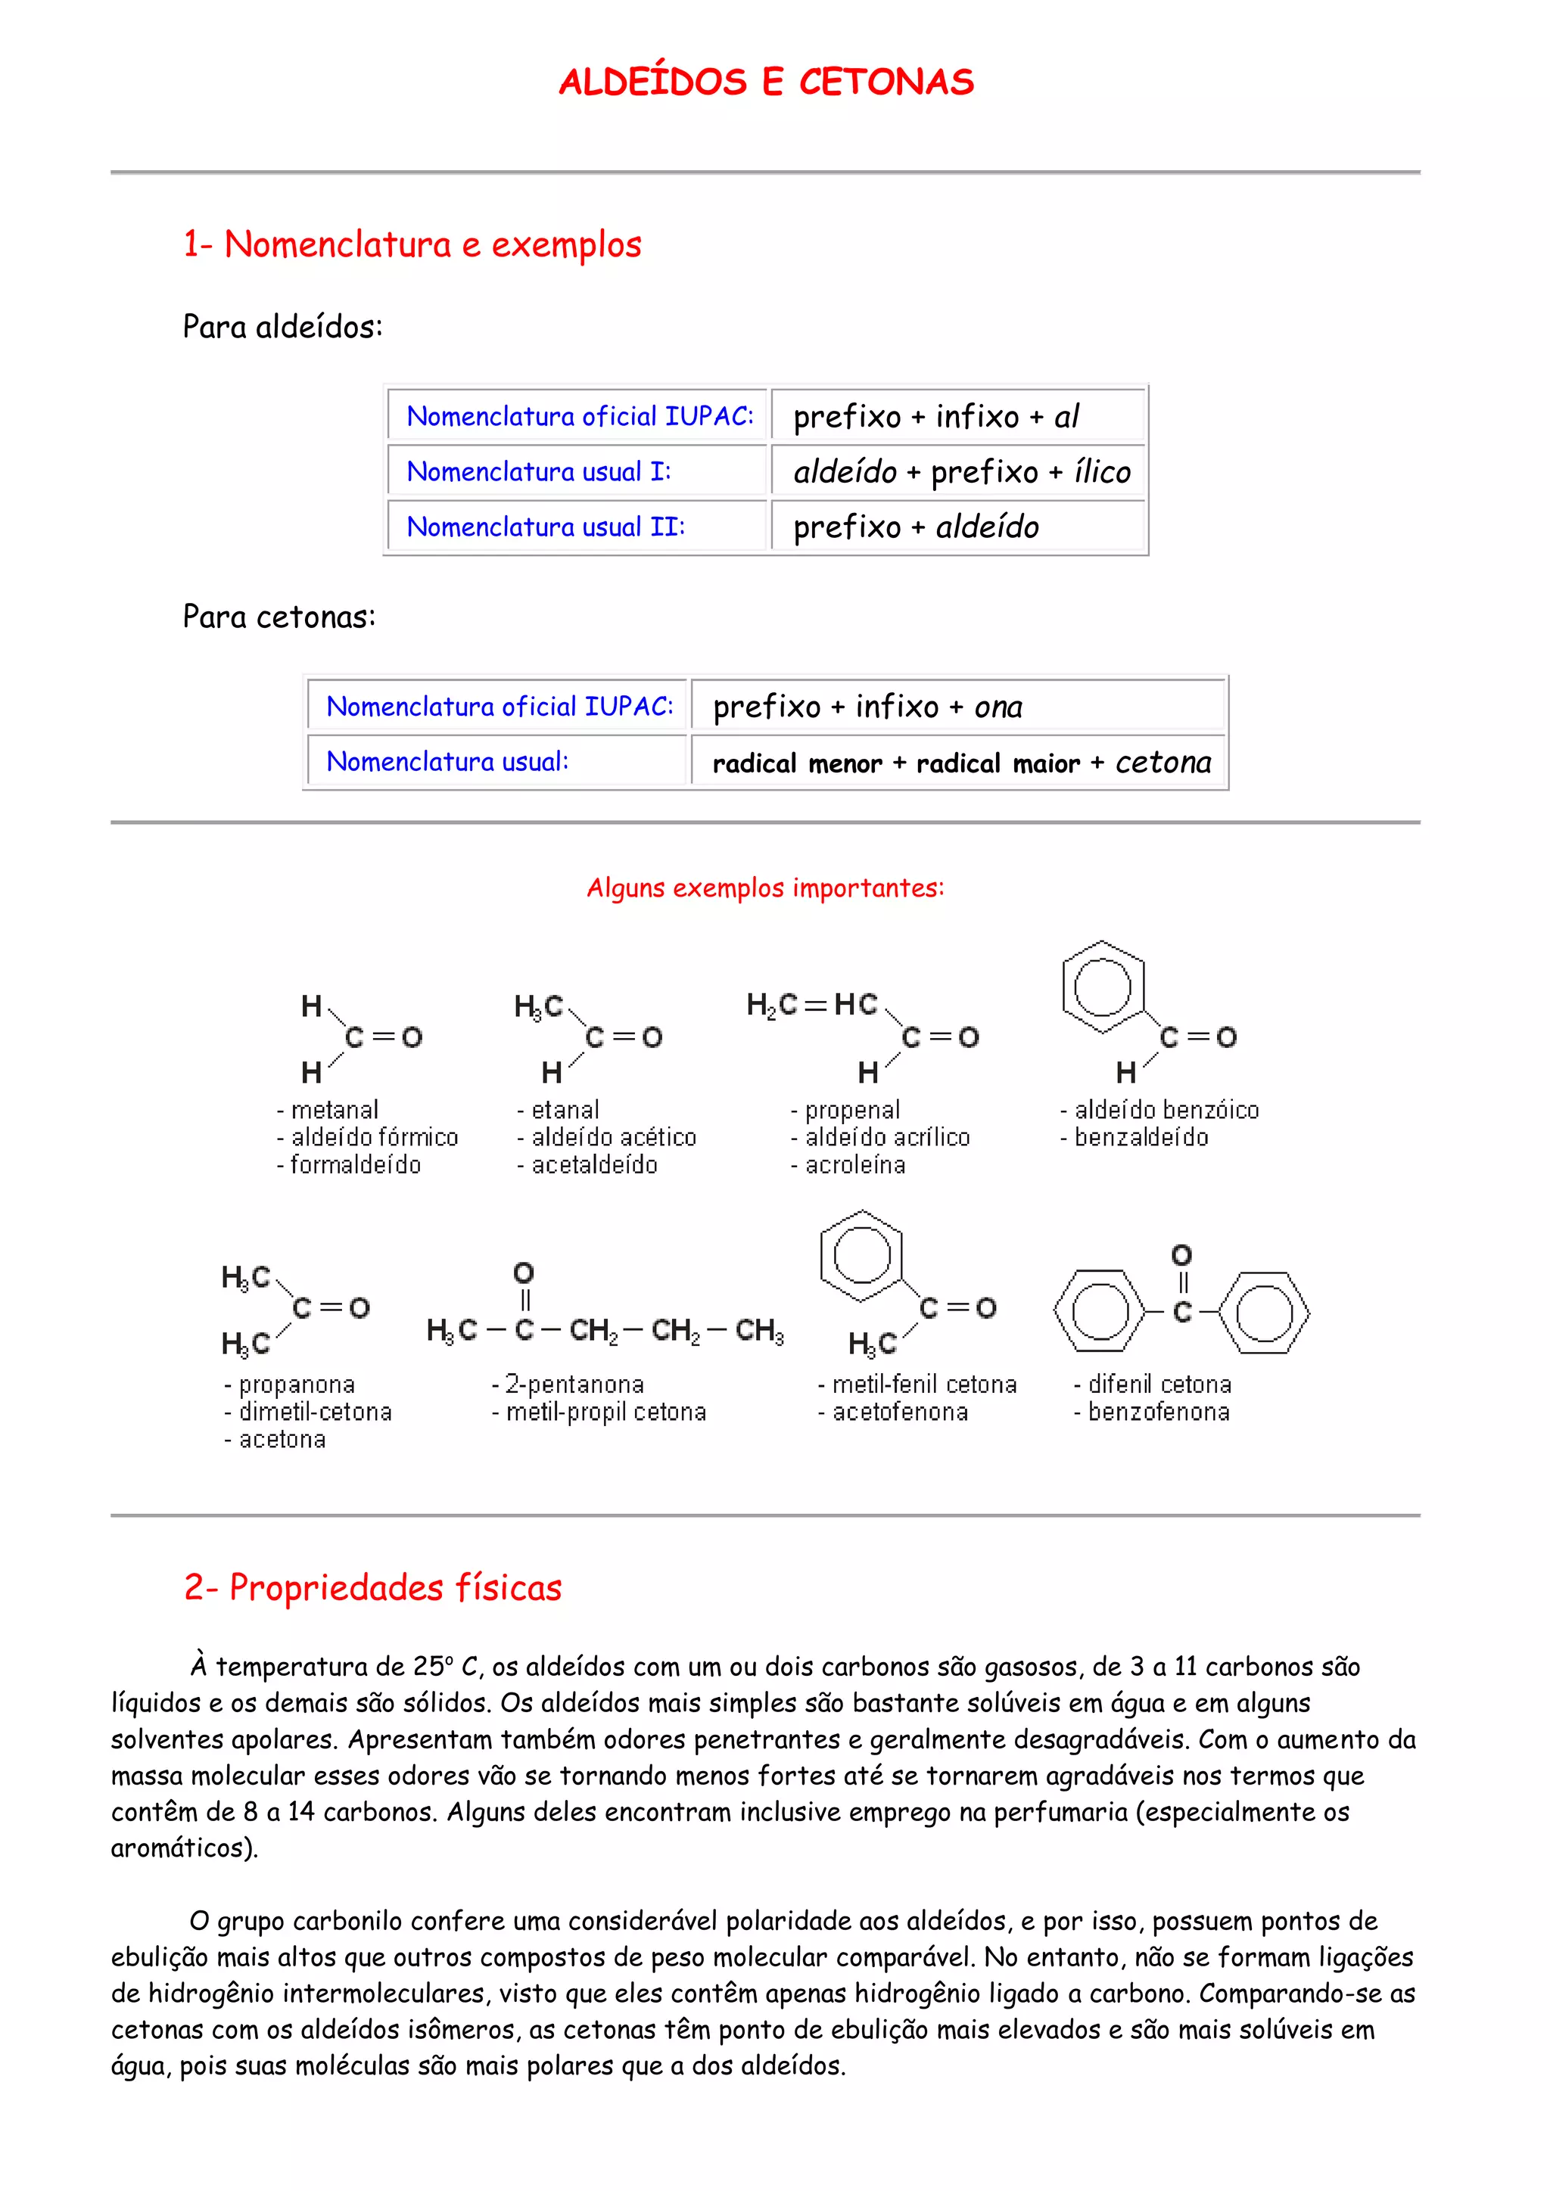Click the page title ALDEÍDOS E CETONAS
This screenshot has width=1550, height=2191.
767,82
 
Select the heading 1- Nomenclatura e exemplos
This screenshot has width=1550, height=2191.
412,245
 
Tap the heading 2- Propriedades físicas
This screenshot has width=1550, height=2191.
373,1589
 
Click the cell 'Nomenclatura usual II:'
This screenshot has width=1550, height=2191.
546,527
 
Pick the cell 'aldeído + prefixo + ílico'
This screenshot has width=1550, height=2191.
961,472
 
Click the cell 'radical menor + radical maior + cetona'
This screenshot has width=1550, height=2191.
961,763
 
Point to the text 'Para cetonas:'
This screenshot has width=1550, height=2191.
279,617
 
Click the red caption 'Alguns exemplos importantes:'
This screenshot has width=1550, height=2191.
765,888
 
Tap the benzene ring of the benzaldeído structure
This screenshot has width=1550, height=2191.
1103,987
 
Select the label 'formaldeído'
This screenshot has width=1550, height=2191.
355,1165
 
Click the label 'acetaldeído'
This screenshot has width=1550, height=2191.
593,1165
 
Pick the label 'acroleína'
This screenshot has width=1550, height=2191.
854,1165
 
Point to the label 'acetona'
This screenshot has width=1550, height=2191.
282,1440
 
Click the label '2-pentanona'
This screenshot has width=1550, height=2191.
574,1385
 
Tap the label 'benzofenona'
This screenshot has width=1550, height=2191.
1158,1412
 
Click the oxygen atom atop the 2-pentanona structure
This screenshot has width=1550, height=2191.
524,1273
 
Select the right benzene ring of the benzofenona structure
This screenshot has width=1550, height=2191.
1264,1313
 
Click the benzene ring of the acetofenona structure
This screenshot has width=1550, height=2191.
862,1257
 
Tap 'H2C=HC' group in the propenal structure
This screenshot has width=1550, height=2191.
812,1005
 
